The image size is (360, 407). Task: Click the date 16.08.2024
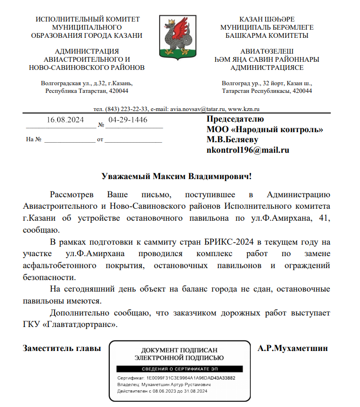point(65,120)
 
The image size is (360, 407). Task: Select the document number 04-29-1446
point(128,119)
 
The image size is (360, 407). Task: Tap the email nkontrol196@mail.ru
point(248,150)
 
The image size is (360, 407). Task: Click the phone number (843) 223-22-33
point(122,109)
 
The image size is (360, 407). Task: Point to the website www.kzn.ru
point(244,109)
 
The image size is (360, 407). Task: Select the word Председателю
point(235,119)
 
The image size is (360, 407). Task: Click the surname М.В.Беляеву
point(232,139)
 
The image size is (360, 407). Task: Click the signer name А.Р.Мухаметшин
point(292,348)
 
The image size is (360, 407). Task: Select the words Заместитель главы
point(62,348)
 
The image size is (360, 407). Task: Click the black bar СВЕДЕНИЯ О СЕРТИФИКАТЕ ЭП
point(179,369)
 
